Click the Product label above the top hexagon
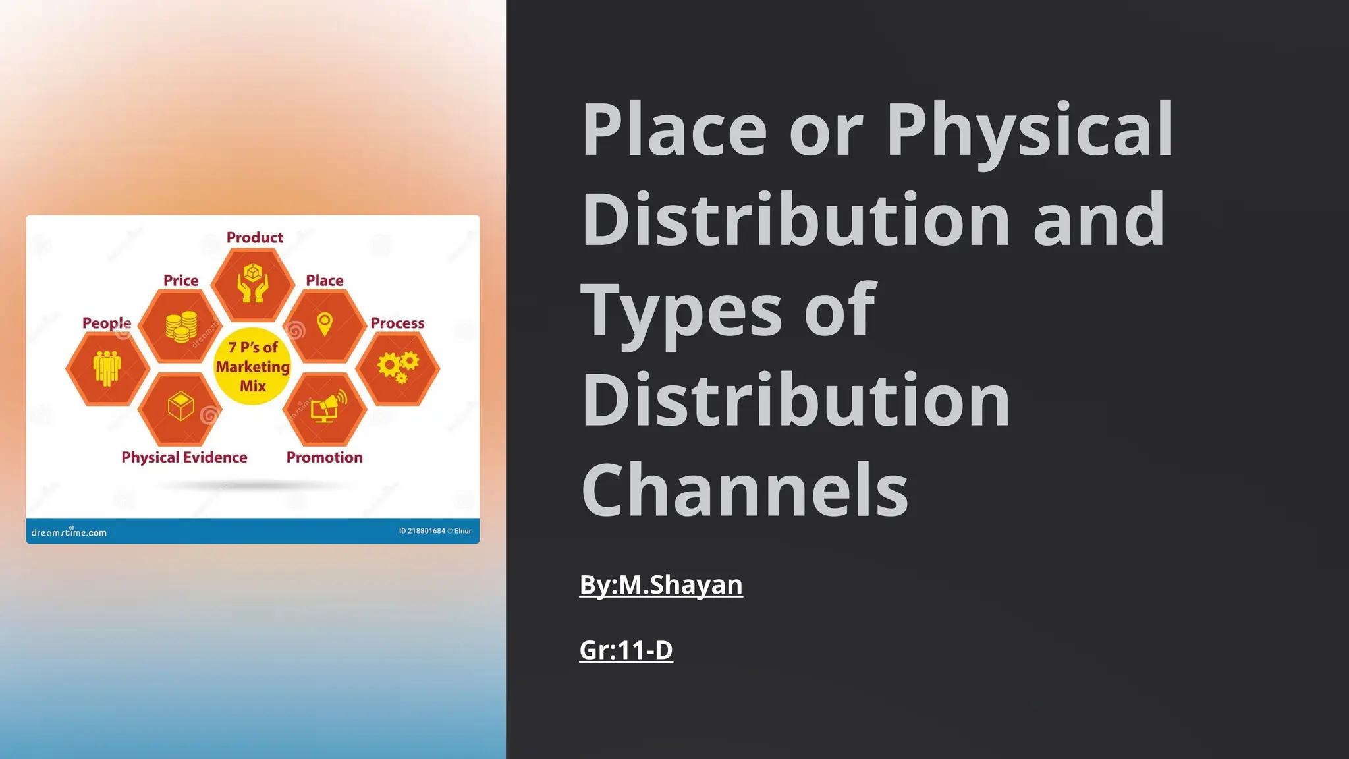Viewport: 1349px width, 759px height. [x=254, y=237]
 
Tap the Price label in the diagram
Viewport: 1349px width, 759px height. [x=180, y=281]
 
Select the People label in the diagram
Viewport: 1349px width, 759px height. [x=107, y=323]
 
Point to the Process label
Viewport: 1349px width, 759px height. [x=397, y=323]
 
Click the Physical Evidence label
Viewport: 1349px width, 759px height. [x=184, y=457]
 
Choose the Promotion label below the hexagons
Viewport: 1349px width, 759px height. [x=324, y=457]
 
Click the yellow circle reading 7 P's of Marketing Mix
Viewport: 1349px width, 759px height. [x=253, y=366]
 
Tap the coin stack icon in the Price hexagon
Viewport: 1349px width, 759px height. [x=181, y=326]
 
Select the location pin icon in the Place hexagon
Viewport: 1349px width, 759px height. [x=325, y=324]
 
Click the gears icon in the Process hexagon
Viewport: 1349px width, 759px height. [x=398, y=367]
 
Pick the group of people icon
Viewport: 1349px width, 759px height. [x=107, y=367]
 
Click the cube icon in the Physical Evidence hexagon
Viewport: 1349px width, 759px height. [x=180, y=406]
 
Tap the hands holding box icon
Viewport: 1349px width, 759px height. [x=253, y=283]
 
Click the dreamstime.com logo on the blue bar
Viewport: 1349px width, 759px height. [x=69, y=532]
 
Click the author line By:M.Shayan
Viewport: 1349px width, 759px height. [x=661, y=585]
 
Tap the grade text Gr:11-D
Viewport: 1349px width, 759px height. [x=626, y=650]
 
